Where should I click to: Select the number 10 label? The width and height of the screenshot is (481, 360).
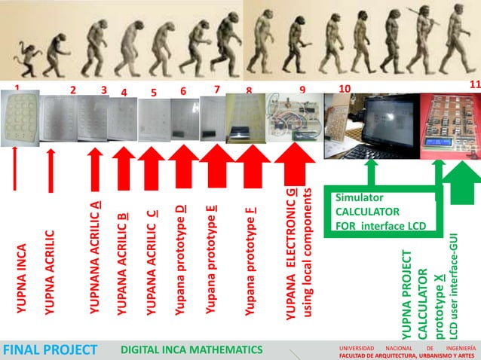345,89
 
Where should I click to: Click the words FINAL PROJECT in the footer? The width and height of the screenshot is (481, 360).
50,349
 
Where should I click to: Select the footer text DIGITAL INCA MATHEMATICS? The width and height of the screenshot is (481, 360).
191,349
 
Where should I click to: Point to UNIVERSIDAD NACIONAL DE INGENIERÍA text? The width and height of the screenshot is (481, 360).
407,348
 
